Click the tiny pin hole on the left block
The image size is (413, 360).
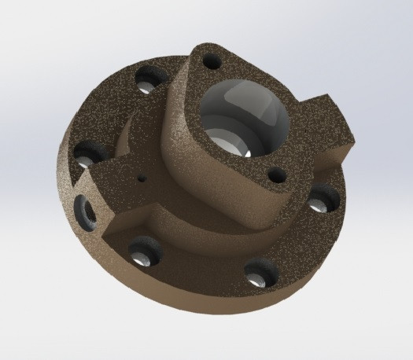point(142,178)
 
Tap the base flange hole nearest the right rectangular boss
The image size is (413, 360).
point(319,203)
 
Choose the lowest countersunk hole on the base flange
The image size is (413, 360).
point(258,275)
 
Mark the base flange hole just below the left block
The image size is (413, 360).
point(144,254)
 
